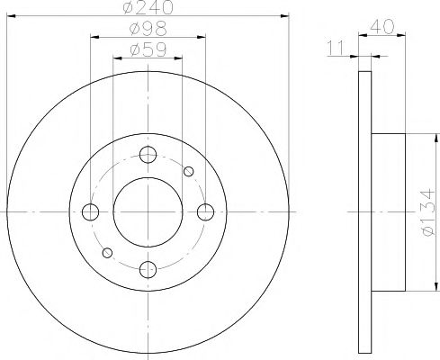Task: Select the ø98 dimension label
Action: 148,31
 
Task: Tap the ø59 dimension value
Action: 148,50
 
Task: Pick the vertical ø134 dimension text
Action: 428,212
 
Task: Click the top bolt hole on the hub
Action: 148,154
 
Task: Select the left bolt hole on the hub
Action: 90,212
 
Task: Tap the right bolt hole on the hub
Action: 205,212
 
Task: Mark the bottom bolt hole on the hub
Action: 148,269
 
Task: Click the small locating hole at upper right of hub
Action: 188,172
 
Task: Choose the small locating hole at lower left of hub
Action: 107,252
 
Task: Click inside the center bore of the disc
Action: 148,212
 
